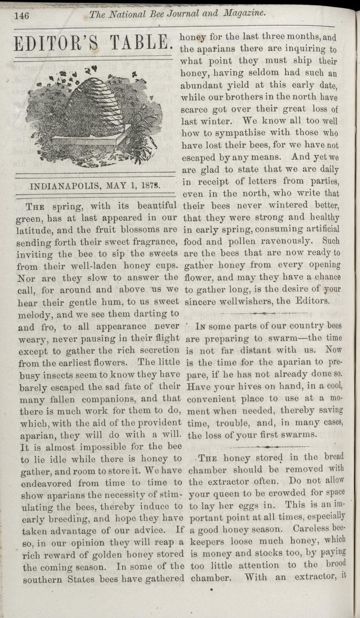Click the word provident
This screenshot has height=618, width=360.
click(x=160, y=422)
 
